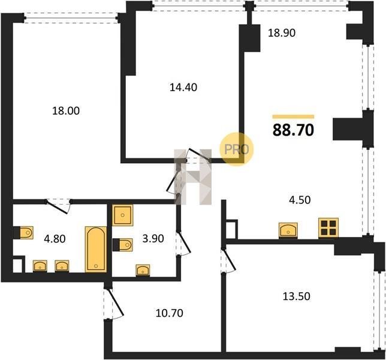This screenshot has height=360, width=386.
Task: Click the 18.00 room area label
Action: [x=66, y=111]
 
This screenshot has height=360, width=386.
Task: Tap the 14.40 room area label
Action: [x=183, y=88]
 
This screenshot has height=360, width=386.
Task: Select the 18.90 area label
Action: [x=282, y=33]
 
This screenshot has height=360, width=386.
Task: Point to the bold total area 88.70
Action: [x=293, y=130]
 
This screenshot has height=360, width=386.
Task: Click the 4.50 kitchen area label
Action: [x=300, y=200]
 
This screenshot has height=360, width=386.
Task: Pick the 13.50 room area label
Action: [x=296, y=296]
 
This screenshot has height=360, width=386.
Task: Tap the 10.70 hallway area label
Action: [x=170, y=313]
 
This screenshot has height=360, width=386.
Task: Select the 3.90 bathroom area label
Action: [x=153, y=239]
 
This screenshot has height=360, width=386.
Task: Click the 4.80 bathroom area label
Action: [x=55, y=239]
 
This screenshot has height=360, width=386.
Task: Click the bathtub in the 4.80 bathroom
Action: [x=96, y=250]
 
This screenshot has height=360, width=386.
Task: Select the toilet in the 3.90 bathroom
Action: [x=123, y=245]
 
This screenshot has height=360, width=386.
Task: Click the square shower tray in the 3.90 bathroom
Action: [x=123, y=215]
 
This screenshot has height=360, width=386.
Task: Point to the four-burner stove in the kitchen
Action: [x=328, y=227]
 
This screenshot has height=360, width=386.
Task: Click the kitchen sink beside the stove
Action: [x=288, y=230]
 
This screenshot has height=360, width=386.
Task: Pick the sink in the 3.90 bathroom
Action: [x=143, y=270]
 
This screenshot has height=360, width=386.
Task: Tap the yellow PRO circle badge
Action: [x=236, y=149]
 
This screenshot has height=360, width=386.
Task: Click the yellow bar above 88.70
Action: [x=293, y=117]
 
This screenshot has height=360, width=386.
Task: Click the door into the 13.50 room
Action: [x=228, y=260]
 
